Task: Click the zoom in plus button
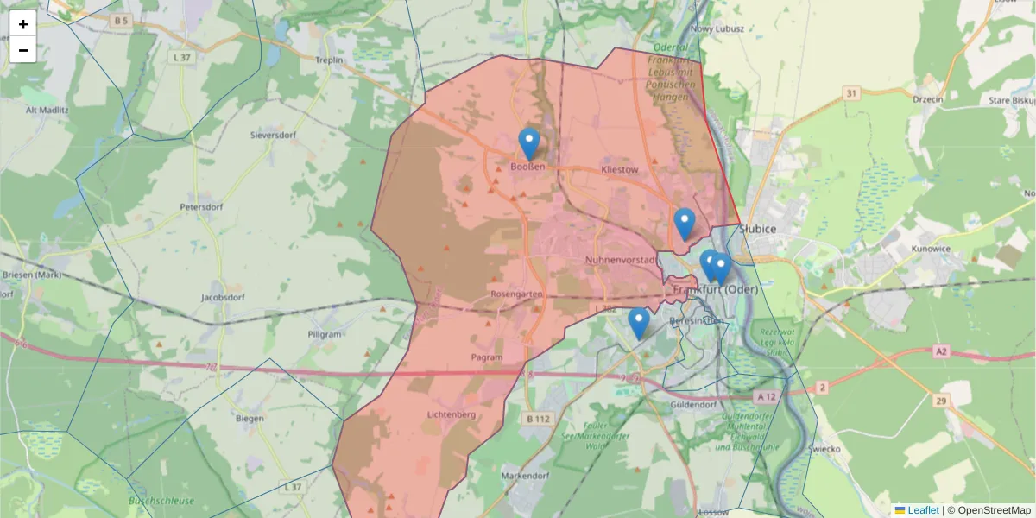pos(23,24)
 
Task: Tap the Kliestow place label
pos(619,170)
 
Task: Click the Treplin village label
pos(329,60)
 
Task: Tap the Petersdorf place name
pos(201,207)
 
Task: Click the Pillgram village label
pos(325,334)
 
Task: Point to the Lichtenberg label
pos(452,415)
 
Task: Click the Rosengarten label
pos(515,294)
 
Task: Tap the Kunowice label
pos(930,249)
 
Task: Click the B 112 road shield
pos(538,419)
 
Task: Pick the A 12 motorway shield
pos(765,396)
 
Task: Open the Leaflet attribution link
pos(922,510)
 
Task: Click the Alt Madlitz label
pos(47,110)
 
